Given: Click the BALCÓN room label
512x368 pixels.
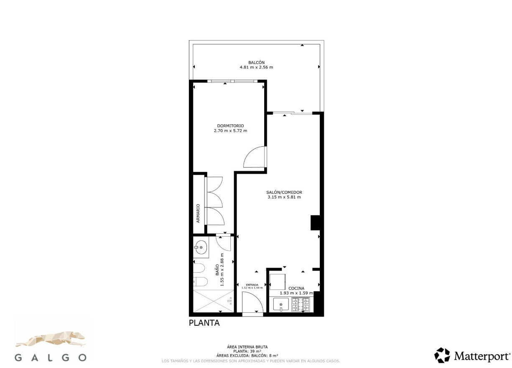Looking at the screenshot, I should [256, 62].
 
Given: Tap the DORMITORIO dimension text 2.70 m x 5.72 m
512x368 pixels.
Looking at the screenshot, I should [230, 130].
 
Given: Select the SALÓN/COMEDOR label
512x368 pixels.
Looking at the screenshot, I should [284, 192].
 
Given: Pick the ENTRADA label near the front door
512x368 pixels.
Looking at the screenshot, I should [252, 285].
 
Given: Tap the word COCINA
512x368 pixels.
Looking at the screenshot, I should [296, 288].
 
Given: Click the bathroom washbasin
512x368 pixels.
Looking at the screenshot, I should [201, 248].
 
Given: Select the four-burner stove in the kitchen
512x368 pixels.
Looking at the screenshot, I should [301, 304].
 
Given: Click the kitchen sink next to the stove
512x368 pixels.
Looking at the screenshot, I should [281, 304].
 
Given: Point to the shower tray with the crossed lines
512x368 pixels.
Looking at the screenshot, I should [212, 301].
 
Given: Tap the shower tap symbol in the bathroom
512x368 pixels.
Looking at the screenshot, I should [230, 300].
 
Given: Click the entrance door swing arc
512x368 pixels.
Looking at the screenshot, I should [253, 302].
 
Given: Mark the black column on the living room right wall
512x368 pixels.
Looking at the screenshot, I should [315, 222].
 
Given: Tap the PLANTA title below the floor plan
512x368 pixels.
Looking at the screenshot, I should [204, 323].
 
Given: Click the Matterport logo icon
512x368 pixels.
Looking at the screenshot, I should [442, 355].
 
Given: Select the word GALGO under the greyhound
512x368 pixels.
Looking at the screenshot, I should [51, 358].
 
